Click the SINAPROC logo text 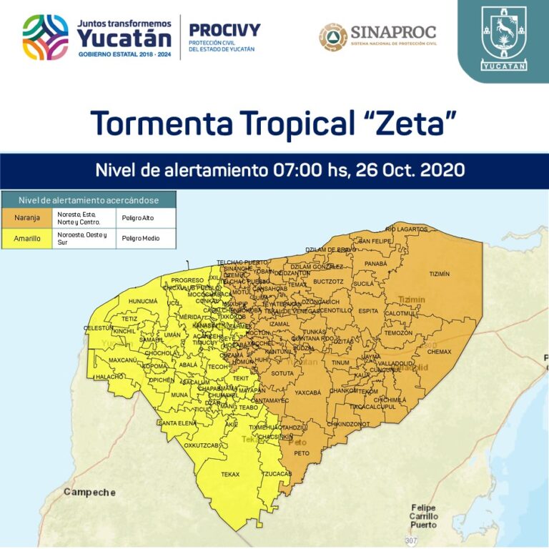click(x=392, y=32)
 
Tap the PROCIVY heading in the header click(x=224, y=31)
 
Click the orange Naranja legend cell click(x=27, y=217)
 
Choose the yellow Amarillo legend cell click(x=27, y=238)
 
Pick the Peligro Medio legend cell click(x=142, y=238)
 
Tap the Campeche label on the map click(x=89, y=493)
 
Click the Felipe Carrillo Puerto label click(x=423, y=516)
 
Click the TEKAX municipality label click(x=230, y=475)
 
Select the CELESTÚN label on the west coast click(x=99, y=328)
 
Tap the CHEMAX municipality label click(x=440, y=352)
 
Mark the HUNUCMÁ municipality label click(x=143, y=302)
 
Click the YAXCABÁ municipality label click(x=308, y=392)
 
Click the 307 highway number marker click(x=410, y=539)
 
